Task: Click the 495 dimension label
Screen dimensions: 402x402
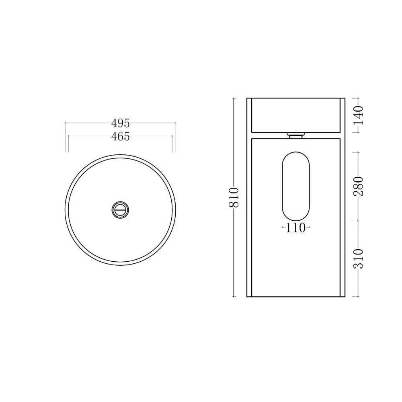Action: [121, 123]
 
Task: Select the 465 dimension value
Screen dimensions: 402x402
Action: [121, 136]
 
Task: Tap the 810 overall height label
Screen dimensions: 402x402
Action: [234, 197]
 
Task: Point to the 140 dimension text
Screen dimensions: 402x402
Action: [359, 115]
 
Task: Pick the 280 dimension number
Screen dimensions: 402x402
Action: [359, 187]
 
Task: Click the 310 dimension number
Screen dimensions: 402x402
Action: [359, 258]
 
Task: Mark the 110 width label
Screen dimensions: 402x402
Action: [295, 228]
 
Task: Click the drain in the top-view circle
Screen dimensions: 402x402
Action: [120, 210]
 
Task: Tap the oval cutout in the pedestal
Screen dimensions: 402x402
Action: [295, 187]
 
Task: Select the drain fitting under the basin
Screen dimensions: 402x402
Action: [296, 135]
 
